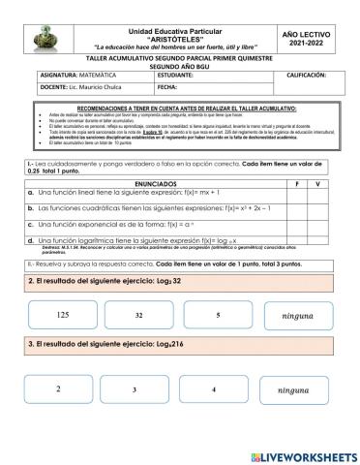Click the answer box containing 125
coord(64,316)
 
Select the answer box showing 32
coord(139,316)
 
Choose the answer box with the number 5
coord(219,316)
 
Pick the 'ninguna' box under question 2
coord(297,317)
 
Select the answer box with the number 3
coord(133,389)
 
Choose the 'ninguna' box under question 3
coord(295,390)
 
